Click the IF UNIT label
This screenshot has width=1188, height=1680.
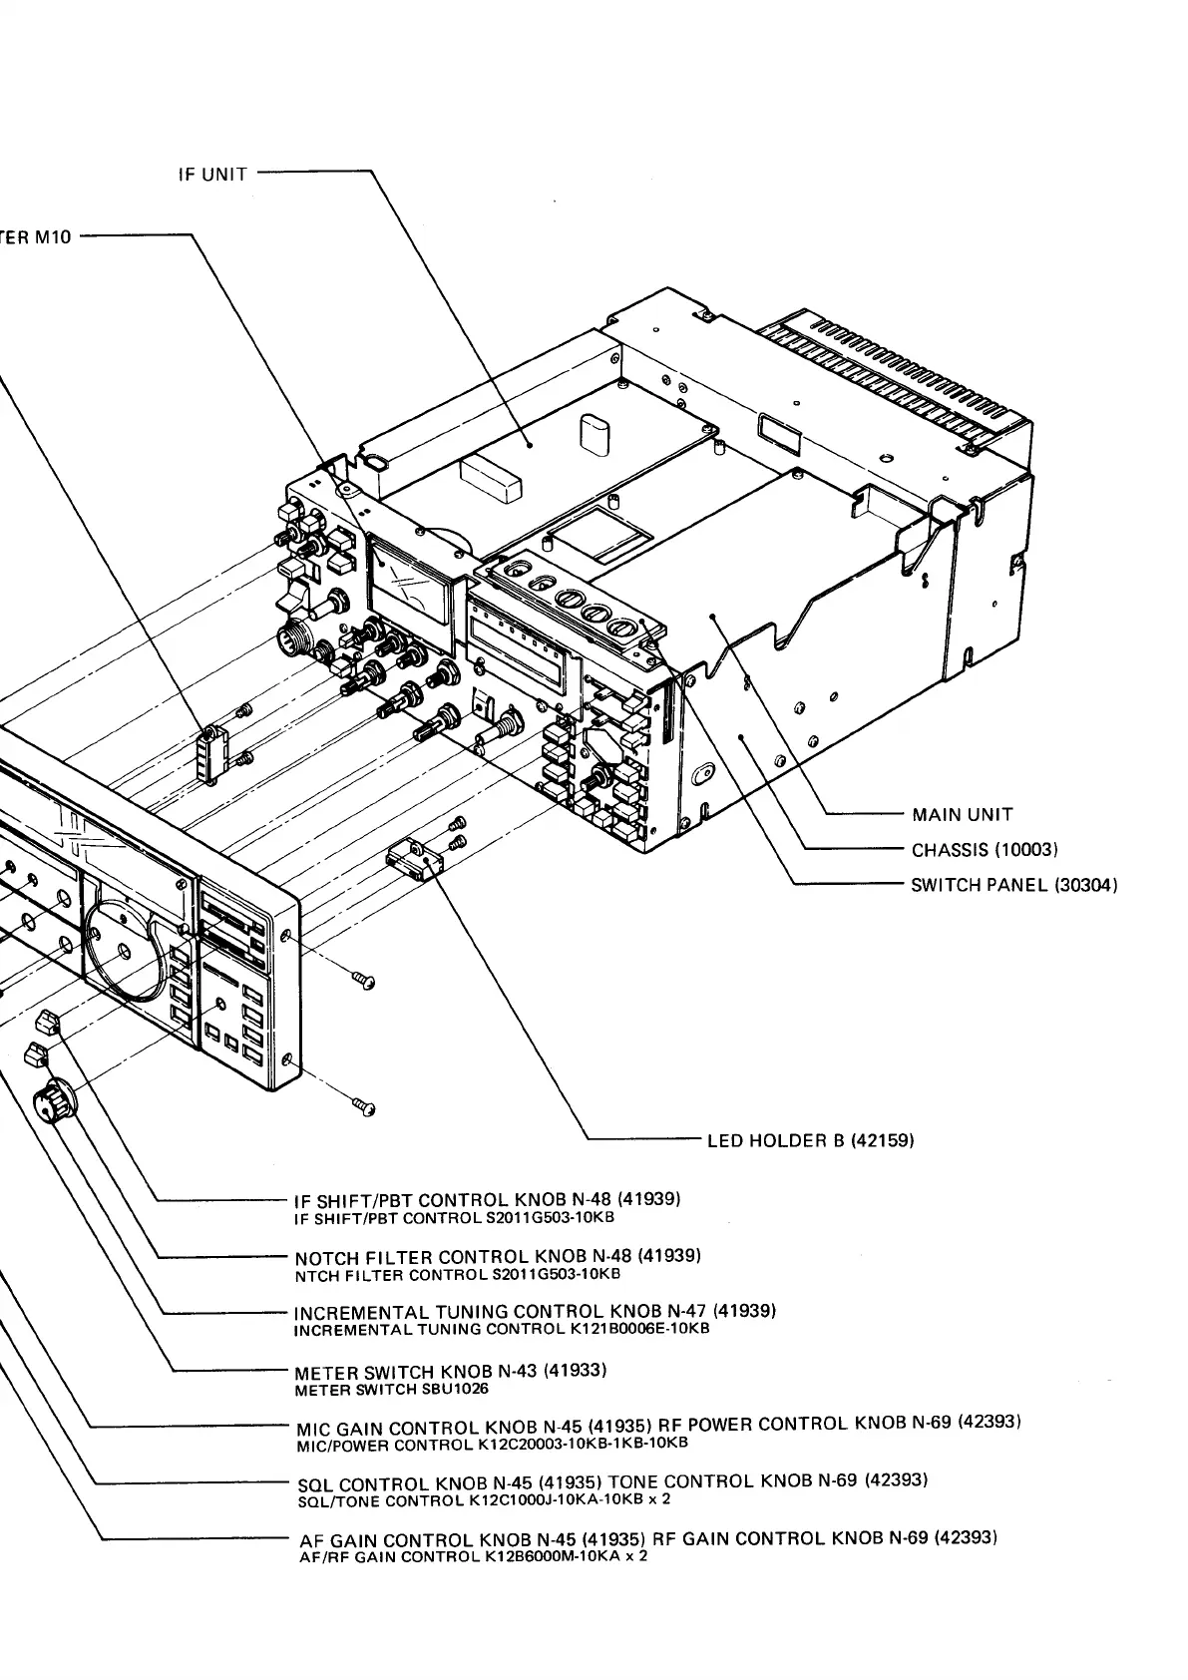click(x=212, y=175)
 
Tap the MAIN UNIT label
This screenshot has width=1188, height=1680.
click(x=963, y=815)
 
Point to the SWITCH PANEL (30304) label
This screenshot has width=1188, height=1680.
click(x=1013, y=886)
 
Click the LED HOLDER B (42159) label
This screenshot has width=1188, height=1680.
click(x=810, y=1140)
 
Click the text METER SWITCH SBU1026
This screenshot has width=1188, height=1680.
click(x=392, y=1389)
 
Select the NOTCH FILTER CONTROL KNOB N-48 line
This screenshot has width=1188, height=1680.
click(x=498, y=1256)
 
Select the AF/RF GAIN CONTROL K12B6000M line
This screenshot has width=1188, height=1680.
click(x=473, y=1556)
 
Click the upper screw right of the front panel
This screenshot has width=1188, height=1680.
click(x=364, y=982)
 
